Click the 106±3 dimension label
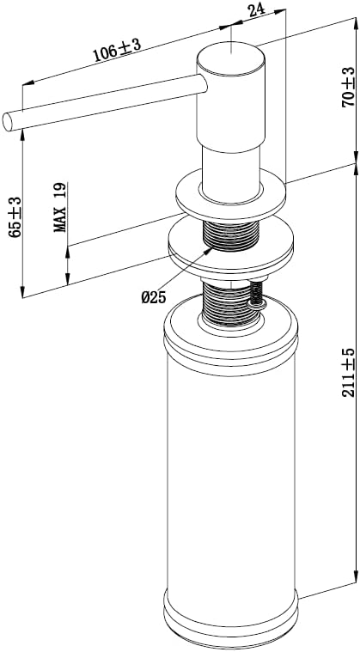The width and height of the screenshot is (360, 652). pos(117,51)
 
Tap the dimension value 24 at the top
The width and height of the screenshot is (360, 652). pos(258,9)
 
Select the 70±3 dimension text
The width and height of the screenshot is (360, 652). pos(348,88)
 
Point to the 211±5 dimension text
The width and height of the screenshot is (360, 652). pos(348,372)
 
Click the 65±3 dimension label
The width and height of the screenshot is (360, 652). pos(15,216)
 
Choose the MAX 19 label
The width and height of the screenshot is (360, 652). pos(60,207)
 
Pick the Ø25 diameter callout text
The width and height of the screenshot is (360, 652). pos(154,297)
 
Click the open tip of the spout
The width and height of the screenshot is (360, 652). pos(7,121)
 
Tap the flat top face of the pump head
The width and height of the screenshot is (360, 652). pos(230,58)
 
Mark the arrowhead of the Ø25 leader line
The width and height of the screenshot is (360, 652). pos(209,250)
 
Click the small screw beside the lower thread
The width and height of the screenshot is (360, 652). pos(257,297)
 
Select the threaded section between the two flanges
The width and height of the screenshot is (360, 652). pos(231,235)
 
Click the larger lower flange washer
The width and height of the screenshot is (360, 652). pos(231,248)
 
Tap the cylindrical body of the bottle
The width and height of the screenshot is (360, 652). pos(231,478)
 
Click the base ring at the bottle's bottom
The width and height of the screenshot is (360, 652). pos(231,624)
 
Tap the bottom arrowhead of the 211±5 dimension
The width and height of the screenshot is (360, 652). pos(356,578)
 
